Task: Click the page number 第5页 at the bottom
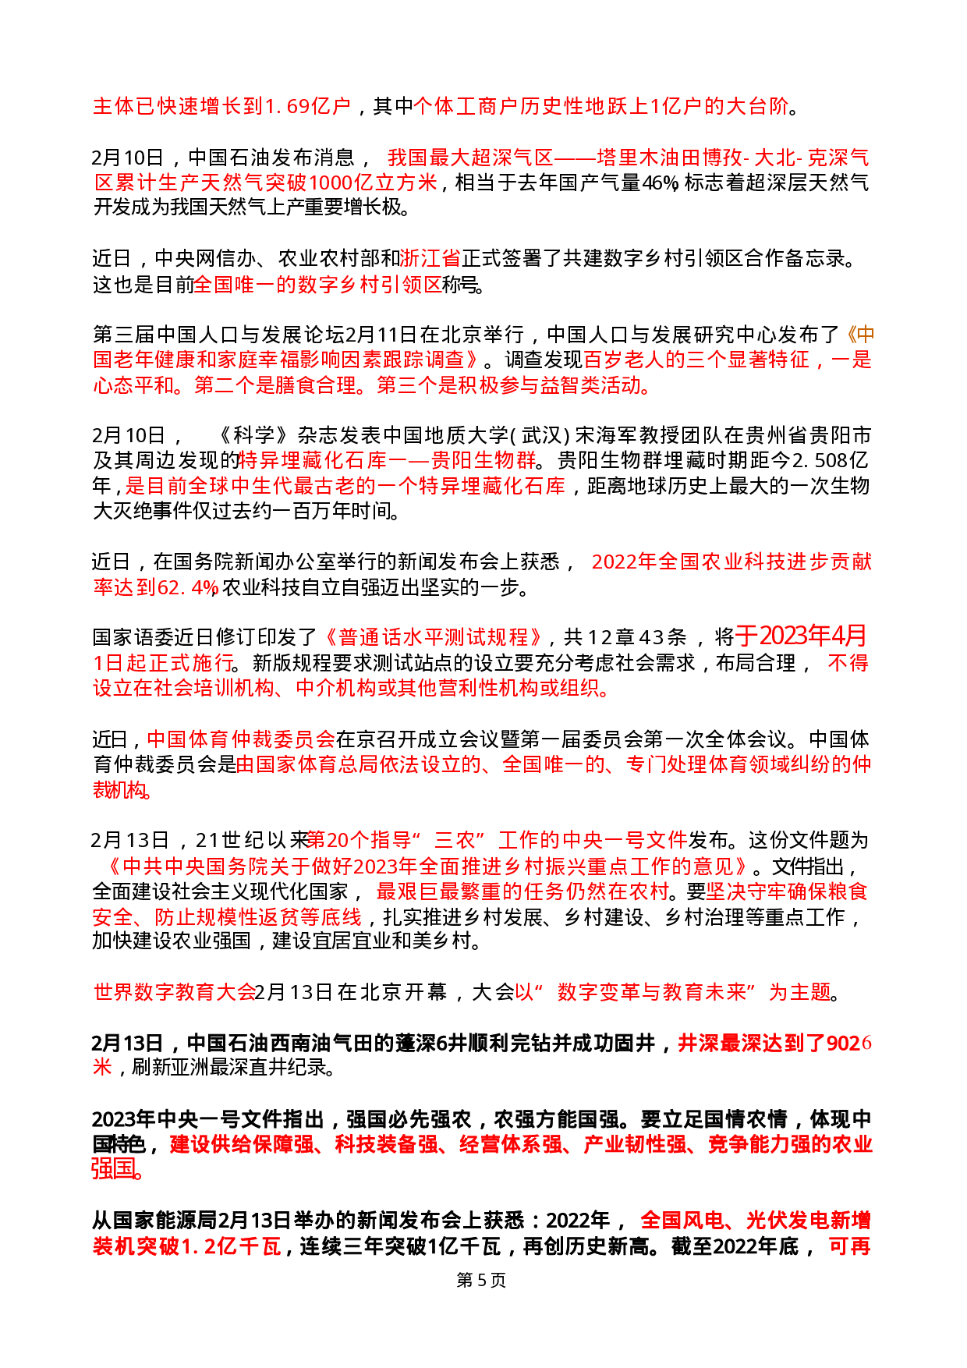(481, 1280)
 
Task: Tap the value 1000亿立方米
(374, 183)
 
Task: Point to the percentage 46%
(660, 183)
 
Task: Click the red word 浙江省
(430, 258)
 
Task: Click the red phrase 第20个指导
(360, 840)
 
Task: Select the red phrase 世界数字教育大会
(175, 992)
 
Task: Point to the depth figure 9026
(848, 1043)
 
